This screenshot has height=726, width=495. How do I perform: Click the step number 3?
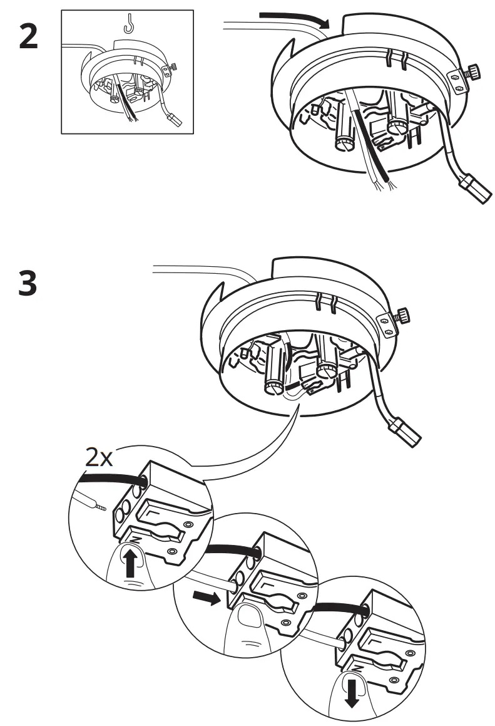tap(28, 283)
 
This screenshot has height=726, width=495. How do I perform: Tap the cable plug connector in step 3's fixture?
tap(405, 432)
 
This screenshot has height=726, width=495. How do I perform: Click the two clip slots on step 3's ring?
tap(327, 303)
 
